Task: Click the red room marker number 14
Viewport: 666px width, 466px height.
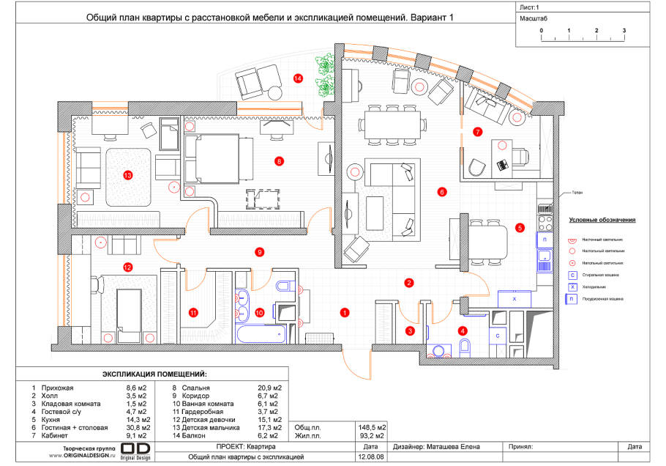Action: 298,77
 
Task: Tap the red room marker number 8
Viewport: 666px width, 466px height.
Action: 278,160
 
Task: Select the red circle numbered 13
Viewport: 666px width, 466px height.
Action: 128,175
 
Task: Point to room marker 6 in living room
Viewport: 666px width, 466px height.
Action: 442,193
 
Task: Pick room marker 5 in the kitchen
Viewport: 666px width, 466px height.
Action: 520,227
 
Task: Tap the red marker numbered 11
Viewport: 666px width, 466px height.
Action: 193,312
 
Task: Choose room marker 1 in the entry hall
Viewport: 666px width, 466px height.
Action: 344,312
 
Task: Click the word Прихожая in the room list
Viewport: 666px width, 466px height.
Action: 59,388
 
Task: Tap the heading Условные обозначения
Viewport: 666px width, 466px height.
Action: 601,220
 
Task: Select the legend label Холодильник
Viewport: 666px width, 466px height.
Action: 598,286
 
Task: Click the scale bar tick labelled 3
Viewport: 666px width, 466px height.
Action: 624,31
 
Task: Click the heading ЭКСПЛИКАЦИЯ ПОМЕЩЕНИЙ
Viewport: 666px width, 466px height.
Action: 154,374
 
